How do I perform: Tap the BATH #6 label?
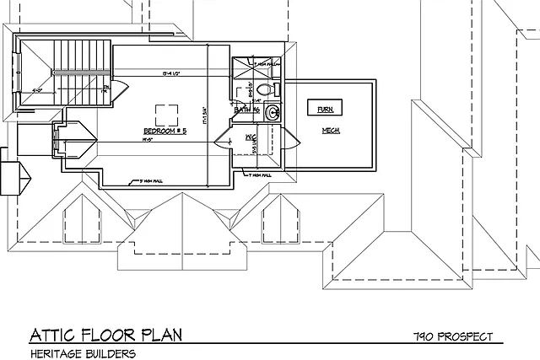(x=245, y=110)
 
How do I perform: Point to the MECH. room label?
(x=330, y=131)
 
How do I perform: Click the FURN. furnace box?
(x=324, y=110)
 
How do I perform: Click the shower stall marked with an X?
(x=249, y=67)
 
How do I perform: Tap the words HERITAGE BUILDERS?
(x=83, y=353)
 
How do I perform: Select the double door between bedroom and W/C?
(x=224, y=139)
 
